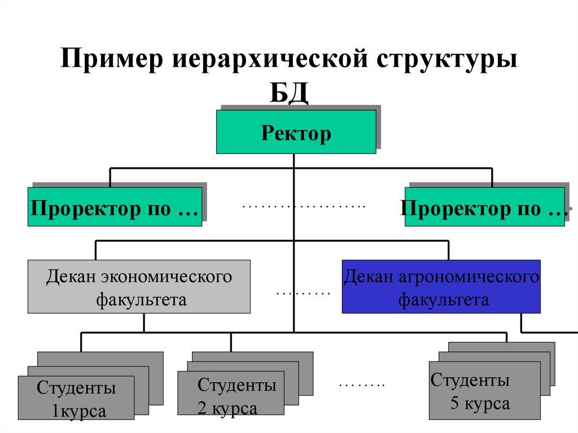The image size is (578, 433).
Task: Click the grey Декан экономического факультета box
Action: click(x=139, y=286)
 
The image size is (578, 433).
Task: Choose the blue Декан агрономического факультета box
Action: click(x=441, y=286)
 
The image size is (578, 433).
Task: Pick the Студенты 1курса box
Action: click(x=76, y=399)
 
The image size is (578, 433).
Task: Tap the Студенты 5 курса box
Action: click(x=484, y=391)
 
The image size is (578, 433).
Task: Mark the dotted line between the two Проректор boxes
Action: click(x=304, y=207)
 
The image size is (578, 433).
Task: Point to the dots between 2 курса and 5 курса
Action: click(x=361, y=386)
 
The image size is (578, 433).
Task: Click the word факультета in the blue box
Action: click(x=444, y=299)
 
